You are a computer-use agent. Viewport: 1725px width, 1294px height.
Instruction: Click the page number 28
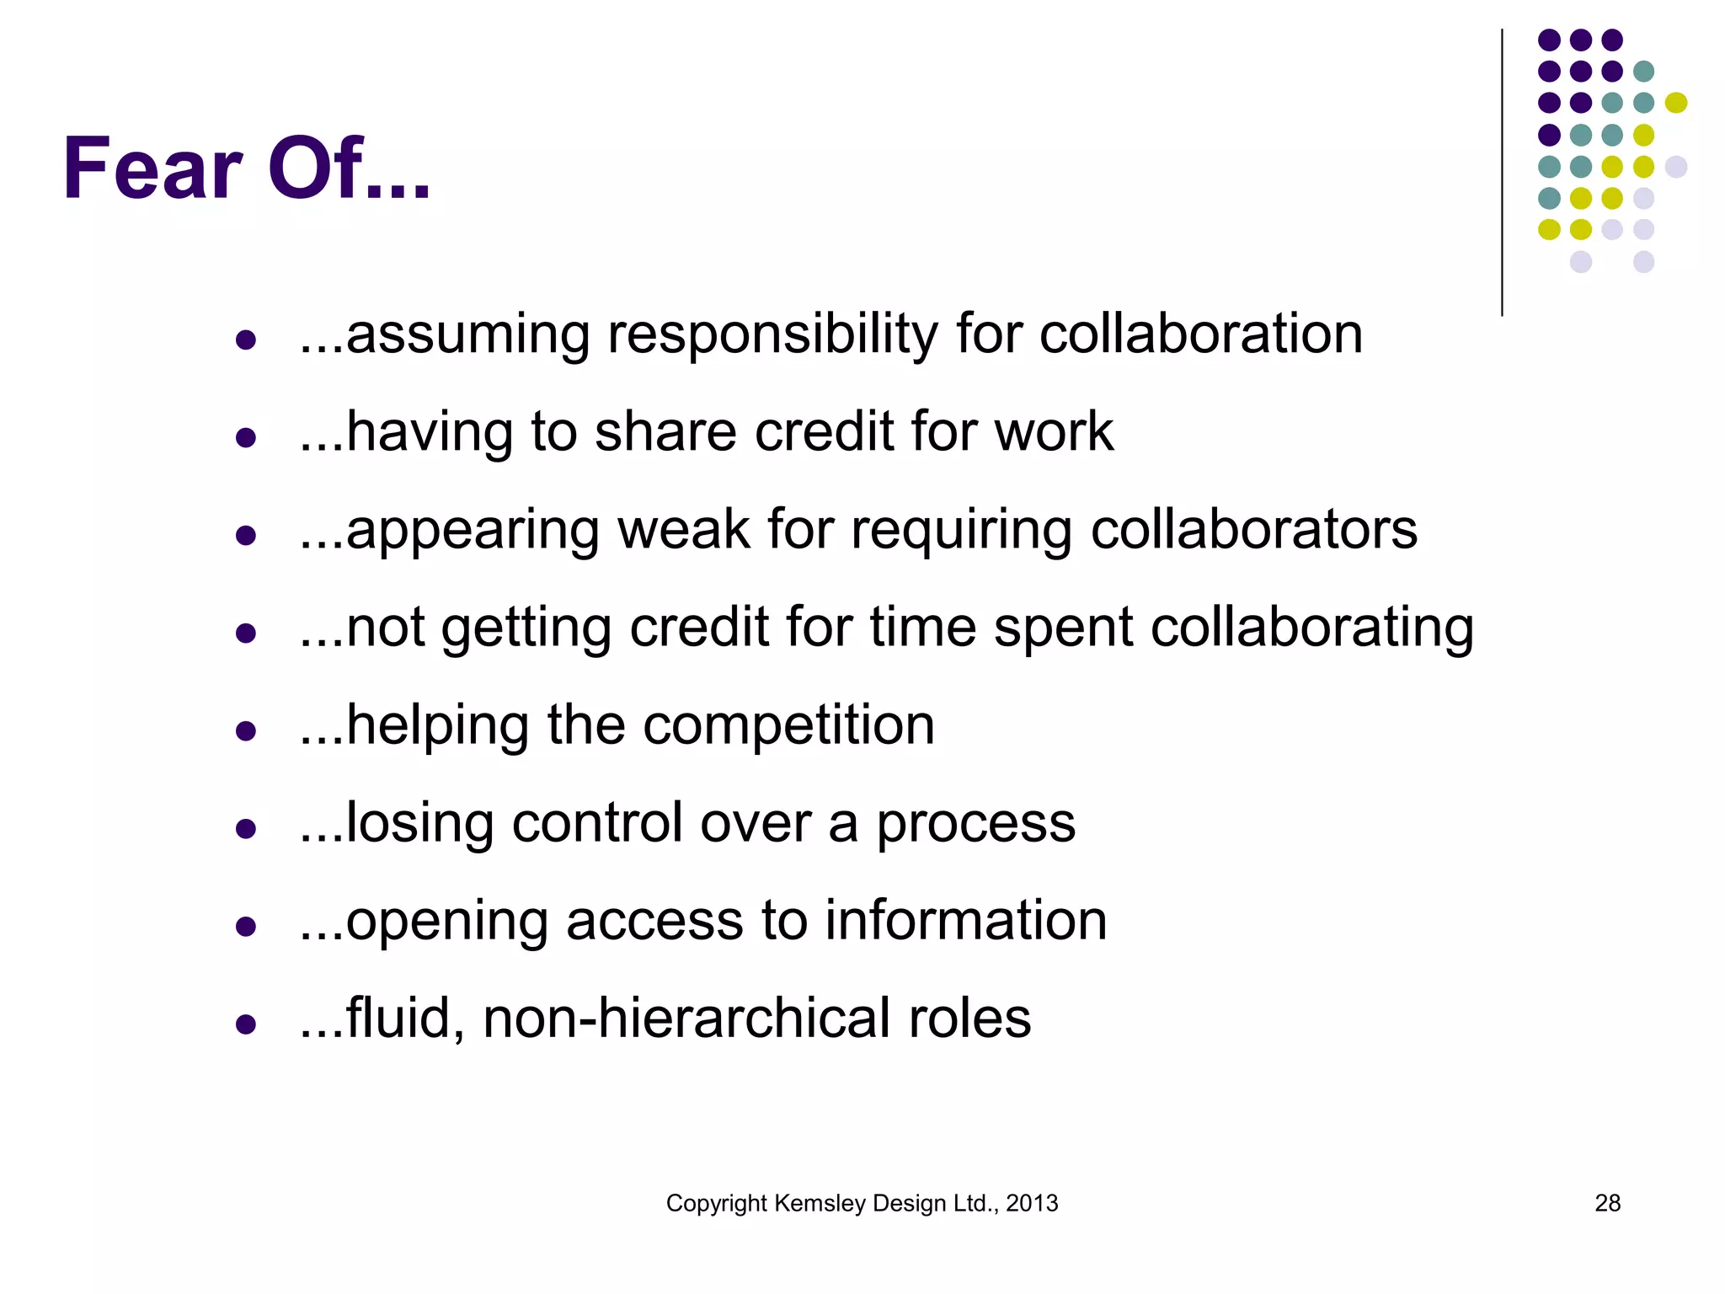1607,1203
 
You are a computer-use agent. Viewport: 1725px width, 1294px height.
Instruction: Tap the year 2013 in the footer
1032,1203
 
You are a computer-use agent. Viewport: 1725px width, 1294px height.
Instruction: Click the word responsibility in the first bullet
772,335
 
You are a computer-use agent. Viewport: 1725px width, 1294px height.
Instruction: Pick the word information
965,921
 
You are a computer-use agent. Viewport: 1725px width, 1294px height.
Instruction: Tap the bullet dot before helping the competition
246,730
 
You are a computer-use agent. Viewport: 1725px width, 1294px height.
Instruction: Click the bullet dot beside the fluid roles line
246,1024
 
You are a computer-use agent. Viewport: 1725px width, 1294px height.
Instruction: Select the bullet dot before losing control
246,828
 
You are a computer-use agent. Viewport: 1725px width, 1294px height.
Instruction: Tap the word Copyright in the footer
716,1203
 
